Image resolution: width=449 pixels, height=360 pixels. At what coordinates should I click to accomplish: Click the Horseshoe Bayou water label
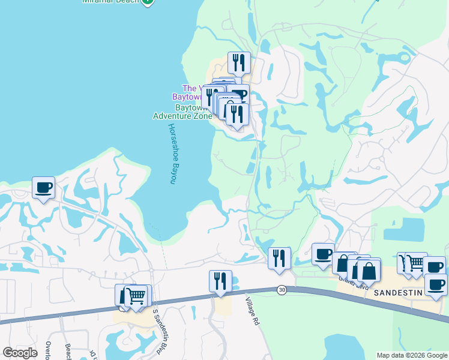(x=173, y=154)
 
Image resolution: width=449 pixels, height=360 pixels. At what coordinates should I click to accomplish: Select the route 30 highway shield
(x=282, y=290)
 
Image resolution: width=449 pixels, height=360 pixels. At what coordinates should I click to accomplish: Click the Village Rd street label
(x=253, y=310)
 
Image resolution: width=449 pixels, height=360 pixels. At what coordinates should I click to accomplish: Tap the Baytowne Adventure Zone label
(x=182, y=111)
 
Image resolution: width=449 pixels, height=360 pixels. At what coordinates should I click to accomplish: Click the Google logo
(x=20, y=353)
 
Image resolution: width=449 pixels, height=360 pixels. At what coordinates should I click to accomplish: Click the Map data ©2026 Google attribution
(x=412, y=355)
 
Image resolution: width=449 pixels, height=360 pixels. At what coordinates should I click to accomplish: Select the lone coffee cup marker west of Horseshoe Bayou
(x=43, y=188)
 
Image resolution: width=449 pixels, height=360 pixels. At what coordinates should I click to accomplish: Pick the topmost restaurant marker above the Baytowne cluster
(x=239, y=62)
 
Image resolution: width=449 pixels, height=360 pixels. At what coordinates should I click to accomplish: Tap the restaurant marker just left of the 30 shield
(x=279, y=258)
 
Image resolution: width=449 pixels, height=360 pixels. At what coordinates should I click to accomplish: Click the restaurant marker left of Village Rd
(x=220, y=281)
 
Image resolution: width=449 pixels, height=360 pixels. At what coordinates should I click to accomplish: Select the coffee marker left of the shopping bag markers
(x=323, y=254)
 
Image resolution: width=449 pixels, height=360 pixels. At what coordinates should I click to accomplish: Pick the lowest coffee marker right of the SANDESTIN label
(x=436, y=285)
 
